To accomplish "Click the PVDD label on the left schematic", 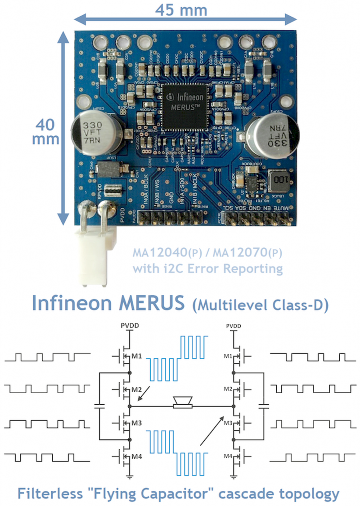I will [x=129, y=325].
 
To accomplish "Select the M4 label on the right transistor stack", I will [x=227, y=457].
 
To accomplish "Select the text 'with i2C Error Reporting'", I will [x=208, y=269].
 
